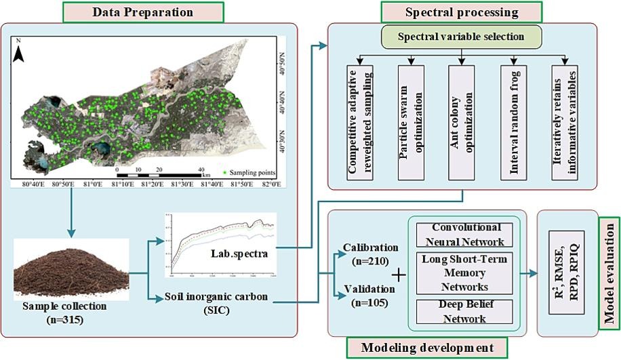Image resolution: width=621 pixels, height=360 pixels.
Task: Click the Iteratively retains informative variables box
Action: click(564, 123)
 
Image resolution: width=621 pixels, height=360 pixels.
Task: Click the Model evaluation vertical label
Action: click(610, 277)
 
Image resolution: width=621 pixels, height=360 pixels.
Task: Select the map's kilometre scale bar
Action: click(159, 174)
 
